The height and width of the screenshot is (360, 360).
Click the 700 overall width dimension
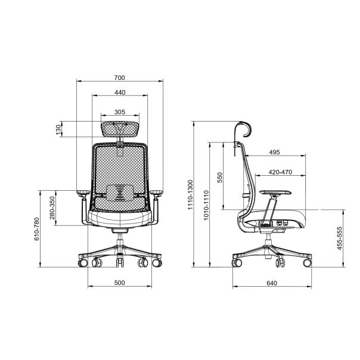coord(120,78)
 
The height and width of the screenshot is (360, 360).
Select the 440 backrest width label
coord(120,92)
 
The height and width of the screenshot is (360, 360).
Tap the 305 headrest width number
coord(120,112)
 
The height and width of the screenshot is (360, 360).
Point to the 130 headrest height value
coord(59,129)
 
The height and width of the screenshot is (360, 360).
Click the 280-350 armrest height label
coord(52,208)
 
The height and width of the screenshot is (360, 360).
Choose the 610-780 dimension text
coord(37,229)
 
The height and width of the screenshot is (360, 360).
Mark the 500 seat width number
coord(120,283)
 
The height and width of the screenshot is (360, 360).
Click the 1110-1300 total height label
coord(191,195)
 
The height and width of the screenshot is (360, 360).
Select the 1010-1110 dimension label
coord(206,205)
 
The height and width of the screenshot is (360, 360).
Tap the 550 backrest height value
coord(220,178)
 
